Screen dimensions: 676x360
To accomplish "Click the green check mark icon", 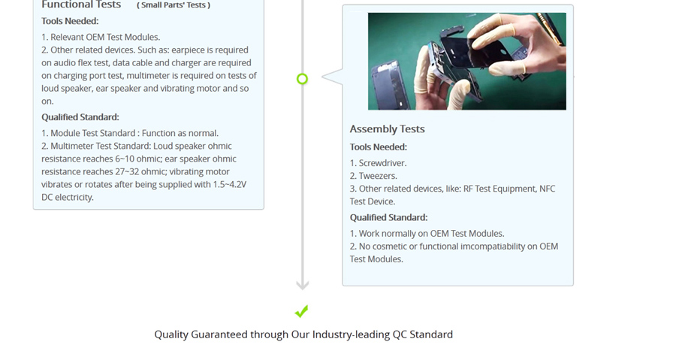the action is coord(302,311).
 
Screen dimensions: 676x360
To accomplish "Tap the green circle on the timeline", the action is coord(302,79).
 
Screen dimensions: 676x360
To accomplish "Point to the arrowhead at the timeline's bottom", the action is coord(303,285).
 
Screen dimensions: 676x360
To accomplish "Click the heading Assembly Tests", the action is coord(387,129).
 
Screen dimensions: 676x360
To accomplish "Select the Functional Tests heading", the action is coord(81,5).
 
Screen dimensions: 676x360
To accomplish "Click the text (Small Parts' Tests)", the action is coord(174,5).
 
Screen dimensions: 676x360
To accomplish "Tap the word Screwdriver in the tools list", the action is coord(382,163).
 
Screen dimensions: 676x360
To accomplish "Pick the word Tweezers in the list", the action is coord(377,176).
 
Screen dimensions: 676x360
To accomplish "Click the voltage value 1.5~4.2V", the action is coord(230,185).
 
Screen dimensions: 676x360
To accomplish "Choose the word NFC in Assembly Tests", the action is coord(547,189).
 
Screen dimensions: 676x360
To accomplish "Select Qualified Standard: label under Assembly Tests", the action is coord(388,218).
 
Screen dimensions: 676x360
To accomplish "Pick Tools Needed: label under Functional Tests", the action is coord(70,21).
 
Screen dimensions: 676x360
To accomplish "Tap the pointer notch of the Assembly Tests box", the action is coord(332,77).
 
